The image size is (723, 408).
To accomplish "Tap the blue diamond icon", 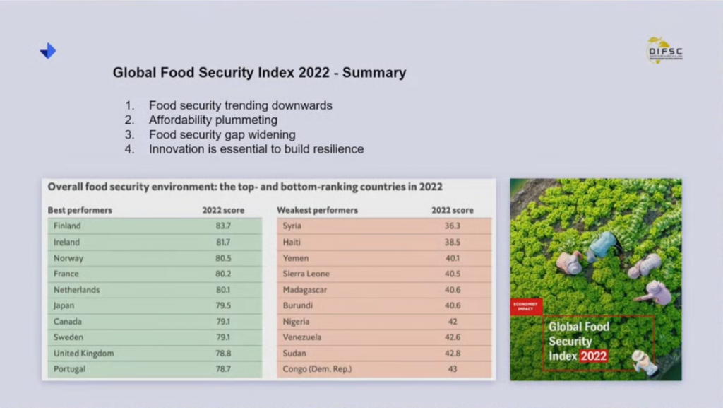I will click(48, 51).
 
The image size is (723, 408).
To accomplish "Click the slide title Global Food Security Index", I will click(259, 73).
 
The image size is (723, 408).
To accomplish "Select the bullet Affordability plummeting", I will click(213, 120).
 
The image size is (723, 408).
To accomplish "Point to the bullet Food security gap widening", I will click(222, 134).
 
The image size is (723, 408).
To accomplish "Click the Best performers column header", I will click(80, 210).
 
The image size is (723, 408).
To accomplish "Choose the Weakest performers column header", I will click(317, 210).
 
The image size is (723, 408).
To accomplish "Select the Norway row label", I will click(68, 258).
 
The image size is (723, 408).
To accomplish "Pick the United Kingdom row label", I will click(83, 353).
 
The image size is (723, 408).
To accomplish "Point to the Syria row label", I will click(292, 226).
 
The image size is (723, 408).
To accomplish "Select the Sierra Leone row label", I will click(306, 274).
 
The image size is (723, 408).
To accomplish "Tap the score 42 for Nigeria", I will click(453, 321).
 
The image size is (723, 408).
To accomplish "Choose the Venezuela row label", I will click(301, 337).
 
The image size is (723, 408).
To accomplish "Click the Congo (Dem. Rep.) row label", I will click(317, 369).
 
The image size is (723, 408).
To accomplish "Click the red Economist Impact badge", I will click(526, 306).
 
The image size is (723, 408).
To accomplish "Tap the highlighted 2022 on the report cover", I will click(593, 356).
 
